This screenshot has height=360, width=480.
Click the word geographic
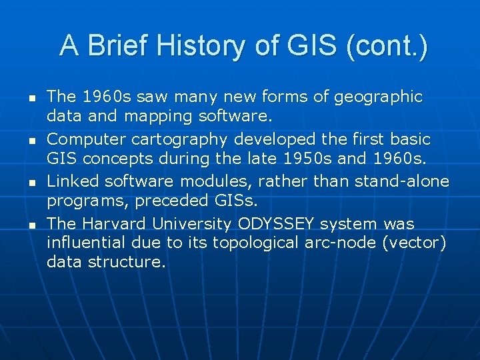pos(377,97)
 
